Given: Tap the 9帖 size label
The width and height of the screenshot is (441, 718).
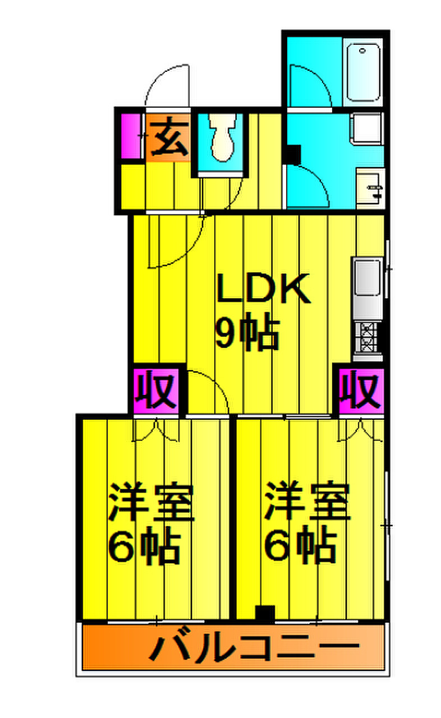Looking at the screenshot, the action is [247, 334].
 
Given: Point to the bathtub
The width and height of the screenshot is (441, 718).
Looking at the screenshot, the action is [363, 72].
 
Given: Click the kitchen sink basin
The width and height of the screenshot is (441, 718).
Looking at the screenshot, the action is [367, 278].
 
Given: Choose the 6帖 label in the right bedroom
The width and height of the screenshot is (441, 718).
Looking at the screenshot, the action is [301, 545].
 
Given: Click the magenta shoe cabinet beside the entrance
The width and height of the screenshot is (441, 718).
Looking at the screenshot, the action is [131, 136].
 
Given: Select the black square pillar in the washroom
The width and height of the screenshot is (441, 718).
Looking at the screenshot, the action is [293, 154].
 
